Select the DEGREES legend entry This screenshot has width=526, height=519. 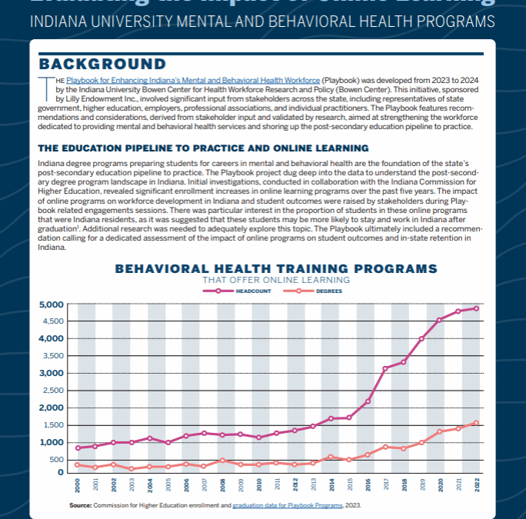tap(315, 291)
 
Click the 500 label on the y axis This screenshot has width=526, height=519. tap(57, 460)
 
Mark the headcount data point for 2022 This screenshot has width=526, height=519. tap(477, 308)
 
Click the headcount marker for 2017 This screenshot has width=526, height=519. tap(385, 368)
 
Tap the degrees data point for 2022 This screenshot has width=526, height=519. tap(477, 423)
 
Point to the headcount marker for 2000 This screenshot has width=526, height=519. tap(78, 448)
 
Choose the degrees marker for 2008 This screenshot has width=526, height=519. tap(222, 461)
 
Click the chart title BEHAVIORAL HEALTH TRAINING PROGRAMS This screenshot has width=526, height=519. tap(275, 268)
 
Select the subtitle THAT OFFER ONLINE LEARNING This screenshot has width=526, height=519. tap(275, 280)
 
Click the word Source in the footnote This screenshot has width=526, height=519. tap(80, 505)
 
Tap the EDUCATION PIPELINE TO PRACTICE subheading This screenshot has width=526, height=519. tap(203, 148)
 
